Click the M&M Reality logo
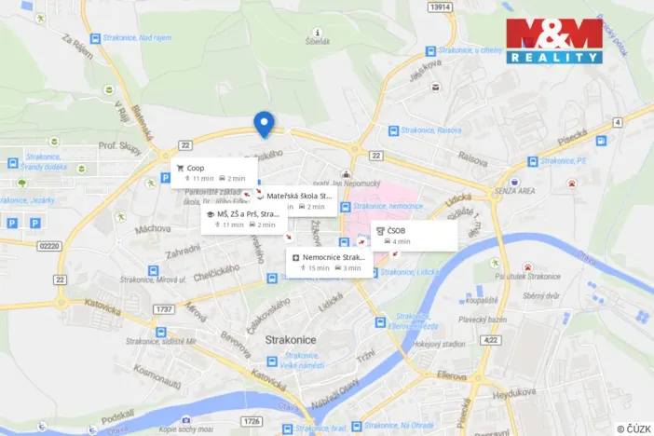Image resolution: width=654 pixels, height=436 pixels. [x=553, y=41]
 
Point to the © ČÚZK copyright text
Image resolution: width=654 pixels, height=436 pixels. [x=633, y=428]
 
